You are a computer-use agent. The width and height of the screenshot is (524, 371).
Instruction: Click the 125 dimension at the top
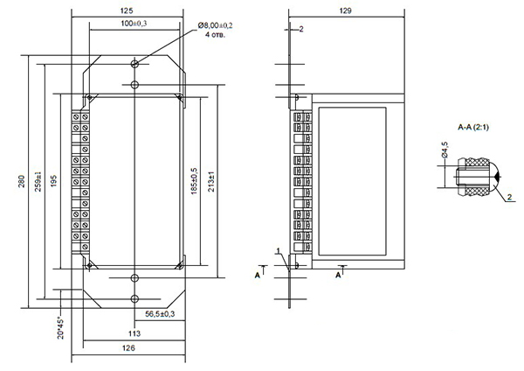coord(127,10)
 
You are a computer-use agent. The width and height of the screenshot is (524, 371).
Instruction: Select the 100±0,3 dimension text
coord(134,24)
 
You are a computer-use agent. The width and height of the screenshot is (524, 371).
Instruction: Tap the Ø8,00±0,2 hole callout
coord(215,25)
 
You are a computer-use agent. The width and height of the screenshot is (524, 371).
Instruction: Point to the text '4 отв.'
coord(215,34)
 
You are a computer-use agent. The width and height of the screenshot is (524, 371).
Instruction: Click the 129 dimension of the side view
coord(345,10)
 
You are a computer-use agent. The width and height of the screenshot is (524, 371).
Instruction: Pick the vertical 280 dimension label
coord(22,181)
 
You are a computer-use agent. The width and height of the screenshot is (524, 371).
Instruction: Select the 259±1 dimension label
coord(38,181)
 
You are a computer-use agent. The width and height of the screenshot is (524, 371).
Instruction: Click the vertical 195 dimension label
coord(53,181)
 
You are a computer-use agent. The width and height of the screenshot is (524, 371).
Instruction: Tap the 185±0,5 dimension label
coord(194,181)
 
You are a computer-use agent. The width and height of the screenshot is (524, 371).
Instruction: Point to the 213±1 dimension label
coord(211,181)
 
